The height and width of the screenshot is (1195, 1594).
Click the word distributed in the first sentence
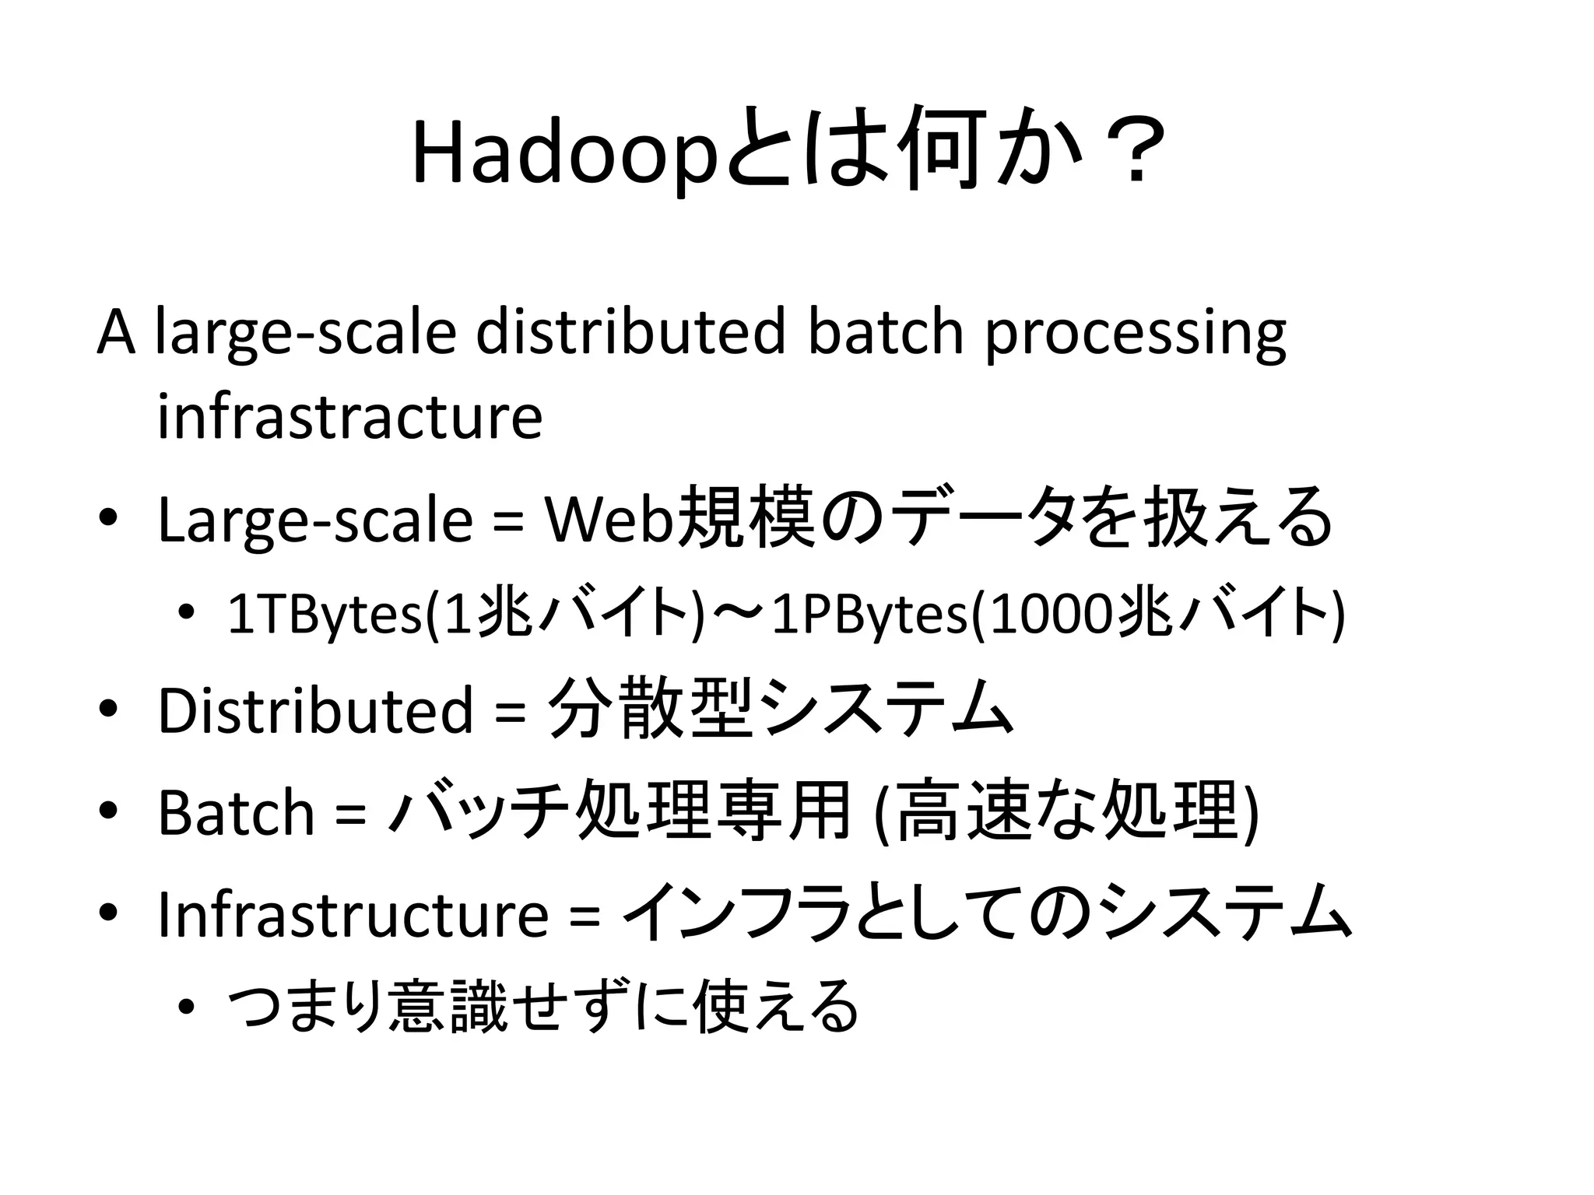(x=630, y=332)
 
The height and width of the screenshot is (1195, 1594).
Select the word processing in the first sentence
(x=1136, y=332)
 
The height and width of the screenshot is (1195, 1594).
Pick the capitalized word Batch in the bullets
(x=235, y=813)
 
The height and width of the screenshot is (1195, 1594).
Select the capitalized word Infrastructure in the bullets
(x=353, y=914)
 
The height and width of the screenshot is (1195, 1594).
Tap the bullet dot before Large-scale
(x=108, y=518)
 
